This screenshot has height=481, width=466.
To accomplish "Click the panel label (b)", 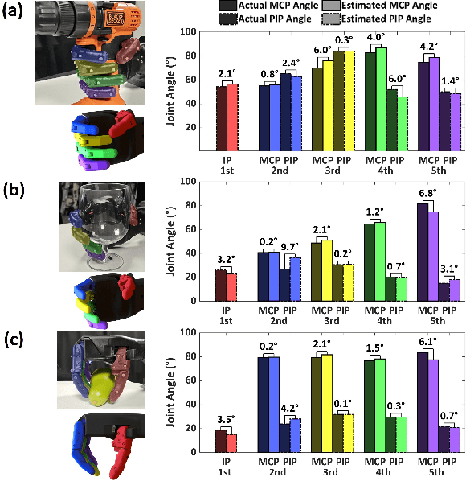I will point(16,167).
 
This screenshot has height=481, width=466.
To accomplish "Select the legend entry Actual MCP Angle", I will point(266,6).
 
